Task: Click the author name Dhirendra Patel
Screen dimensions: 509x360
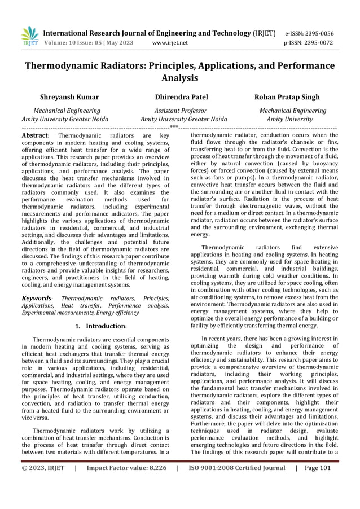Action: [181, 98]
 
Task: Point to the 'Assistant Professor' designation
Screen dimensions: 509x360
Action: [181, 111]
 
